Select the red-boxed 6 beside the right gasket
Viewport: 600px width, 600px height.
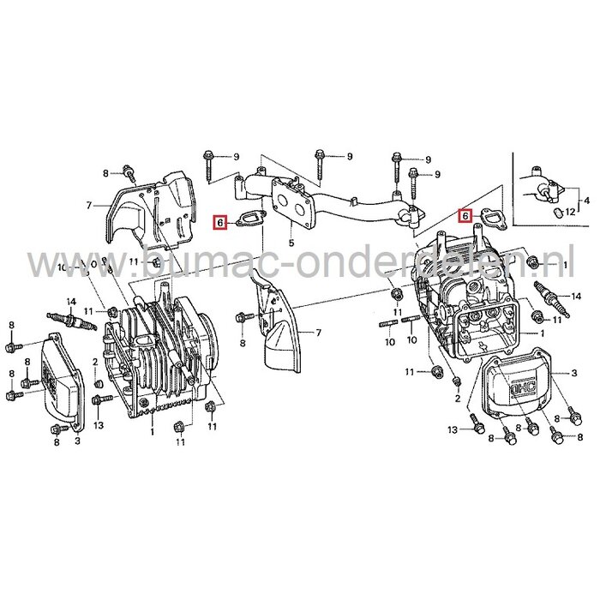pyautogui.click(x=466, y=215)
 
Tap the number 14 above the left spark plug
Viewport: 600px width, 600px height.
pyautogui.click(x=71, y=301)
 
